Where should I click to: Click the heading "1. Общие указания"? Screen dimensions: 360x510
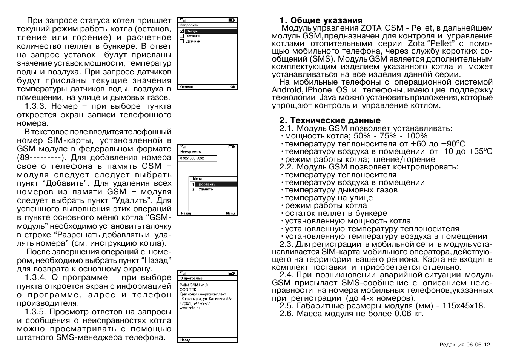coord(321,20)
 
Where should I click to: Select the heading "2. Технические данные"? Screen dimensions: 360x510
coord(330,121)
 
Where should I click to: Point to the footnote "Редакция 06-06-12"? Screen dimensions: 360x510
coord(465,345)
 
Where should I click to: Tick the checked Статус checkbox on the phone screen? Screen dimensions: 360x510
coord(182,31)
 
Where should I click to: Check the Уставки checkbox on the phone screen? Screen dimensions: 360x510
coord(182,36)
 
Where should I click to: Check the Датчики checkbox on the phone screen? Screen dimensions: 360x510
coord(182,41)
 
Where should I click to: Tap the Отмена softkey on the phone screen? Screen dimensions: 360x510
coord(186,87)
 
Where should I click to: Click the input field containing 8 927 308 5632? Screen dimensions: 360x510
coord(198,158)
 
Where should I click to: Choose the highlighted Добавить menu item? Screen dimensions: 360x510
coord(207,184)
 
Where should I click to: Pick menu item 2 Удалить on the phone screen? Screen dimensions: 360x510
coord(206,189)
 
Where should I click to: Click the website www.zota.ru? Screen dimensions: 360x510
coord(189,308)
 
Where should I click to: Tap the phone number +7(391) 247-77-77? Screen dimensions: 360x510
coord(195,303)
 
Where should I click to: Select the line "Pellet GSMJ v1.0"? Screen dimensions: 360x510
coord(194,285)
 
